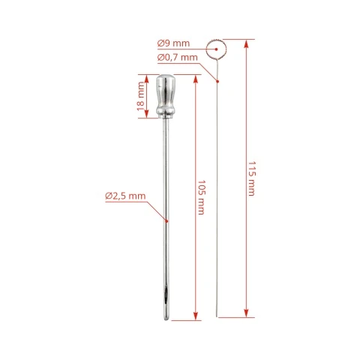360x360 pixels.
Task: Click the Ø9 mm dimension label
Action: tap(173, 43)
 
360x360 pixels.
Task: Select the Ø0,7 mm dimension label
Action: tap(178, 58)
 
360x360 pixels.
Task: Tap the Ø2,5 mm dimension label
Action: tap(125, 196)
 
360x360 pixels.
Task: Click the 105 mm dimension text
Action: tap(202, 197)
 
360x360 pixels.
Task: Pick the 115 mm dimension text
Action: tap(252, 178)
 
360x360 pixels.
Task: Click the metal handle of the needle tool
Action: tap(166, 96)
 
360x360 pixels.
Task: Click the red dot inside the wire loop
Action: tap(217, 49)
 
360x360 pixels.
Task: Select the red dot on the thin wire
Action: tap(217, 81)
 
